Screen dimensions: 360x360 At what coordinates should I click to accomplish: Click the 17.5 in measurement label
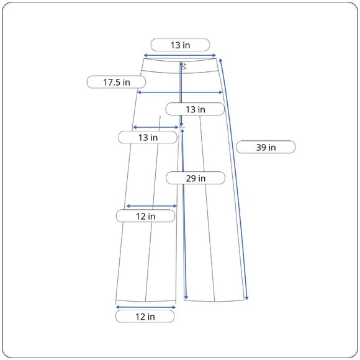pos(117,82)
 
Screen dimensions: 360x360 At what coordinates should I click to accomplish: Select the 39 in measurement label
pos(266,147)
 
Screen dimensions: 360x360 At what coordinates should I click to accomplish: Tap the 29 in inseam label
pos(196,178)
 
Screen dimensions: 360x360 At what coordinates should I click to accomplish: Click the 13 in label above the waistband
pos(180,45)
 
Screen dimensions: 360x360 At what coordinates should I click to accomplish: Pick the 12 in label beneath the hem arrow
pos(145,317)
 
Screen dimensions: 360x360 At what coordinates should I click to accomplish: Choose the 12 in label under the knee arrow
pos(146,216)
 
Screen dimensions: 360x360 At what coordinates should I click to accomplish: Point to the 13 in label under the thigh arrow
pos(148,137)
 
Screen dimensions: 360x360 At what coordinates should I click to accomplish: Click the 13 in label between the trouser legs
pos(195,109)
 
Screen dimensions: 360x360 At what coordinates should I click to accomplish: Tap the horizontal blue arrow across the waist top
pos(180,55)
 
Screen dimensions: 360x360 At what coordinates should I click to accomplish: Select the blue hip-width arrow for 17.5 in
pos(180,92)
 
